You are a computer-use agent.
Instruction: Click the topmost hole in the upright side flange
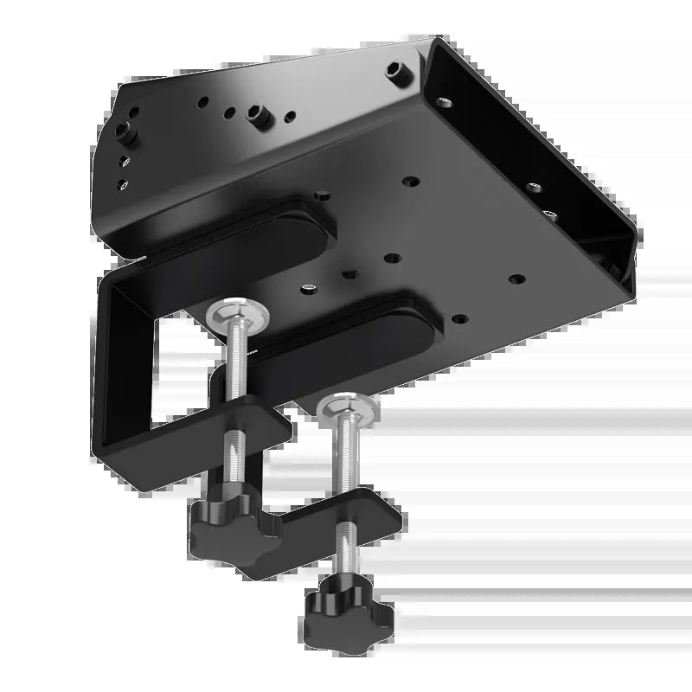tap(444, 101)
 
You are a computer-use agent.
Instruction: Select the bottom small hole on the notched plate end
tap(122, 183)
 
